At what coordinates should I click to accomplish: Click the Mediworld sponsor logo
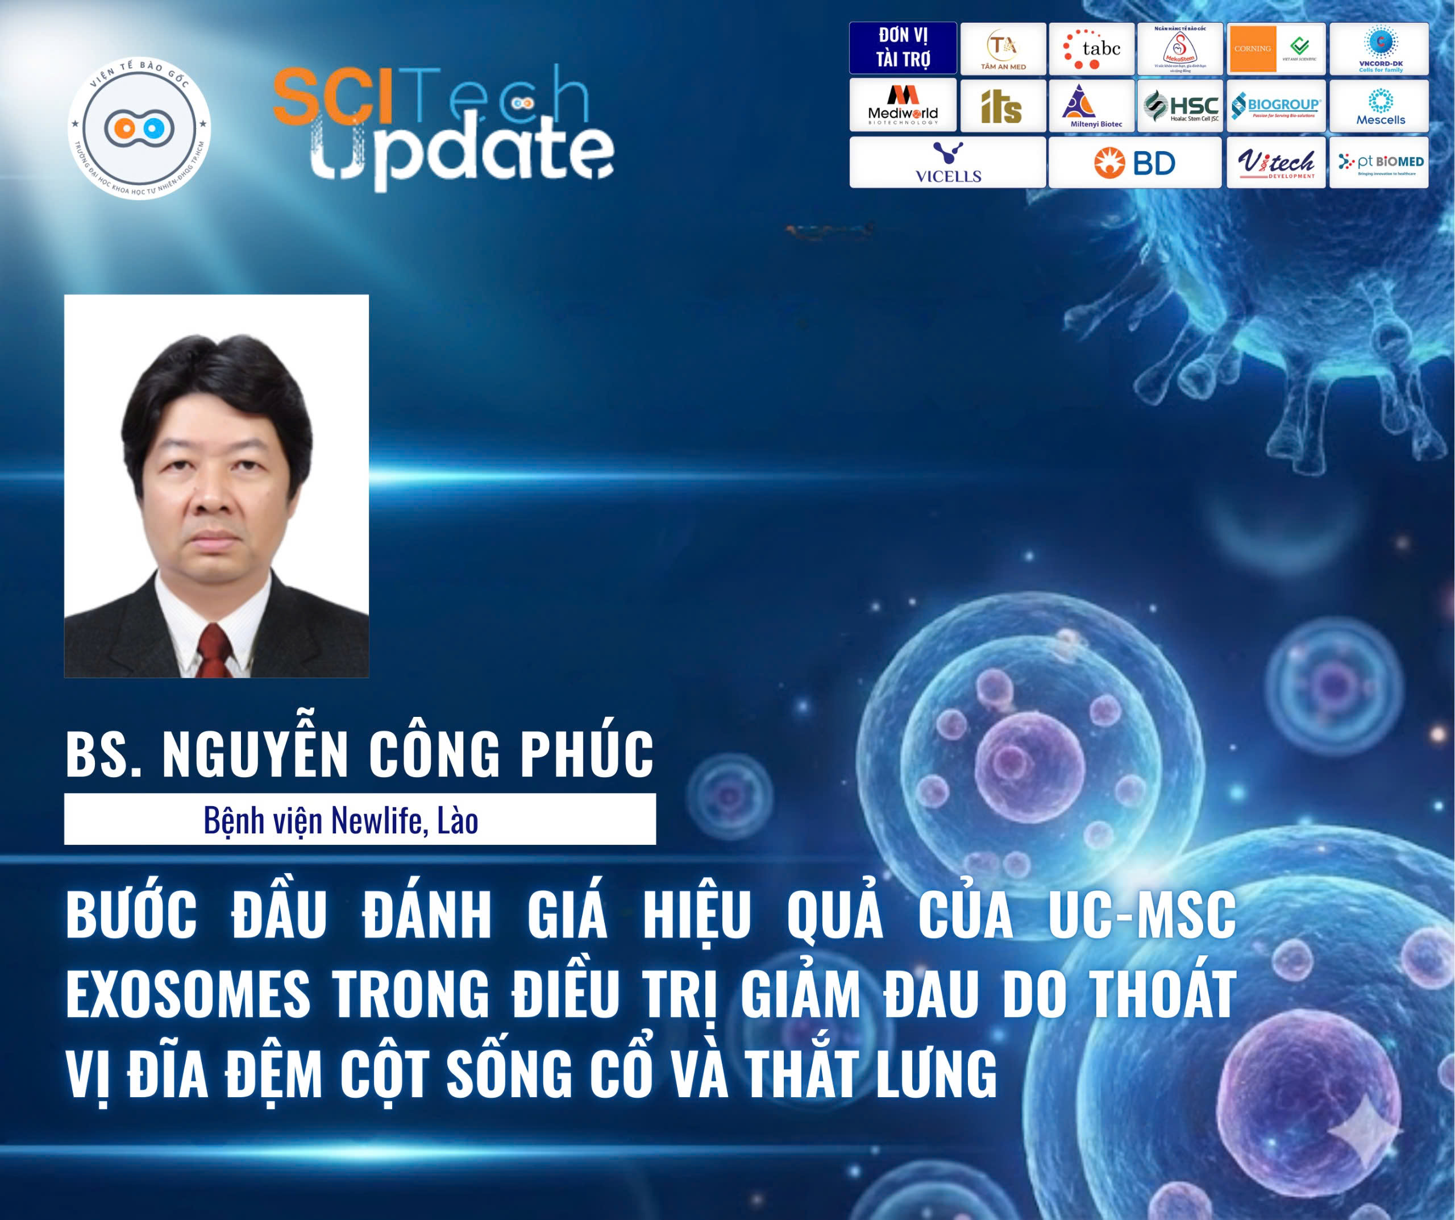[x=903, y=105]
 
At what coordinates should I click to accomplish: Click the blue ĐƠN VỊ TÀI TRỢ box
[x=903, y=48]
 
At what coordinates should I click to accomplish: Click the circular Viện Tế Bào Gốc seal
[x=139, y=128]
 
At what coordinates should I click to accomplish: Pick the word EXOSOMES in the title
[x=189, y=995]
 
